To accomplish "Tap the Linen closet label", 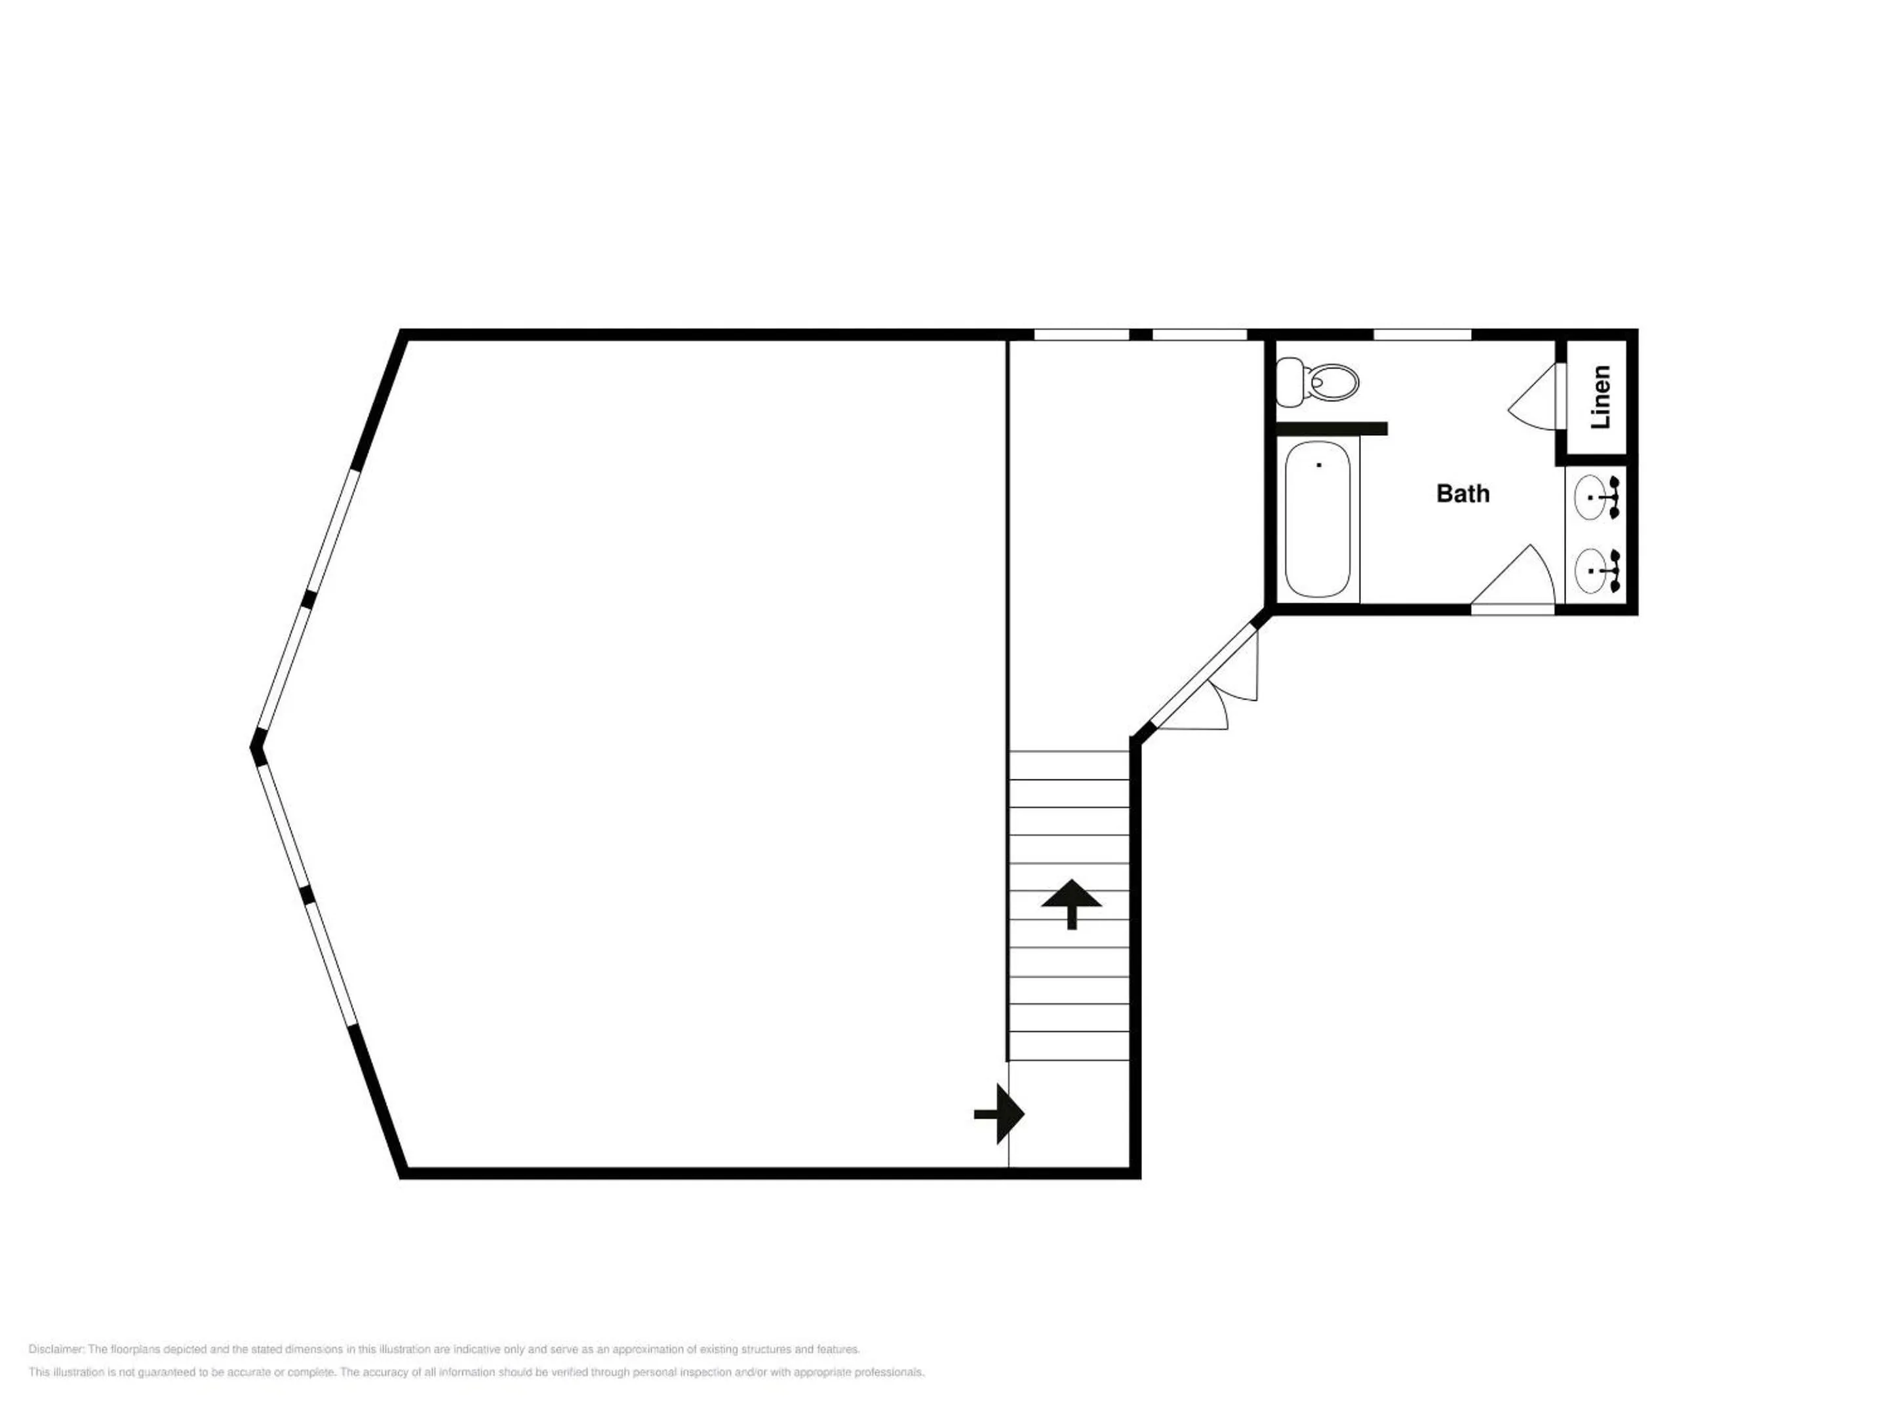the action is tap(1600, 397).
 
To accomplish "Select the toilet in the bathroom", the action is tap(1317, 382).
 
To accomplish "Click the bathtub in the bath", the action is tap(1318, 519).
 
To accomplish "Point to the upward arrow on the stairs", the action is tap(1071, 904).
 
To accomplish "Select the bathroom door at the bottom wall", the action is tap(1513, 577).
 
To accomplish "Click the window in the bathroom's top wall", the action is tap(1423, 334).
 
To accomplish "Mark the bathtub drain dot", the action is tap(1319, 465).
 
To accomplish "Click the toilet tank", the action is tap(1288, 382).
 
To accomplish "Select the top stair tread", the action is tap(1069, 765).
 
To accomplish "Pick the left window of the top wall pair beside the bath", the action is tap(1082, 334).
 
